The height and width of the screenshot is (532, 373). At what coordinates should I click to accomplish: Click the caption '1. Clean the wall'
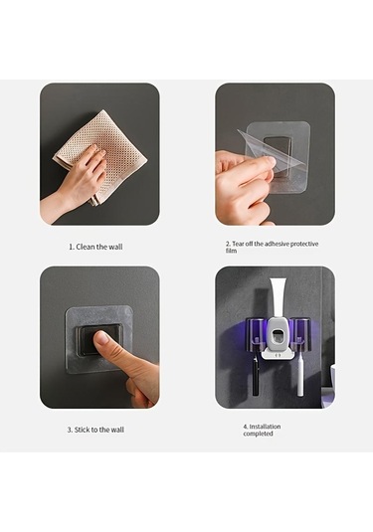95,247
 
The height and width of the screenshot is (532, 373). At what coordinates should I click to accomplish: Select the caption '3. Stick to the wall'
95,430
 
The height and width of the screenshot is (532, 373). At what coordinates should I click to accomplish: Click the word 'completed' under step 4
258,434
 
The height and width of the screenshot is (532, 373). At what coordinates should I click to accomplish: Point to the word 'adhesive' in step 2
277,244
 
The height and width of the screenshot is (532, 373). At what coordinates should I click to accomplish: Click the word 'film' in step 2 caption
231,251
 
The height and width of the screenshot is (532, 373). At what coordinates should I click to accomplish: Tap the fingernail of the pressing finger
101,338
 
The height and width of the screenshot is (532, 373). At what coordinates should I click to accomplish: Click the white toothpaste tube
279,298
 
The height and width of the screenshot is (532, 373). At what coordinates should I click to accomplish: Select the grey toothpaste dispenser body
279,334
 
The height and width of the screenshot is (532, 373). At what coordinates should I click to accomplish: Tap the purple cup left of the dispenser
257,334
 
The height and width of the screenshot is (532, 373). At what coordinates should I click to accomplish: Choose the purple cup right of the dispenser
301,334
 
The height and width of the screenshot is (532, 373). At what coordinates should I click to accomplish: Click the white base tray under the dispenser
279,356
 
